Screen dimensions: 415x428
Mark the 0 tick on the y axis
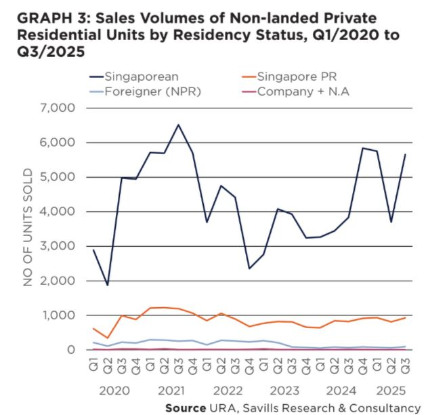pyautogui.click(x=70, y=350)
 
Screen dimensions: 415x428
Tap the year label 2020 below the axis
pyautogui.click(x=114, y=391)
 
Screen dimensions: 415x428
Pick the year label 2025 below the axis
pyautogui.click(x=391, y=391)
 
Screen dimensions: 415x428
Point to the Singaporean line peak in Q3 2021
pyautogui.click(x=179, y=125)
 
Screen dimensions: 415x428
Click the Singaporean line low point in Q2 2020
pyautogui.click(x=107, y=285)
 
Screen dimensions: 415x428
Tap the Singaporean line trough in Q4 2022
pyautogui.click(x=250, y=269)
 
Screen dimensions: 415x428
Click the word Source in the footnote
pyautogui.click(x=186, y=407)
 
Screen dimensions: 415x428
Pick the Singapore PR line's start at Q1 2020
pyautogui.click(x=93, y=328)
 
